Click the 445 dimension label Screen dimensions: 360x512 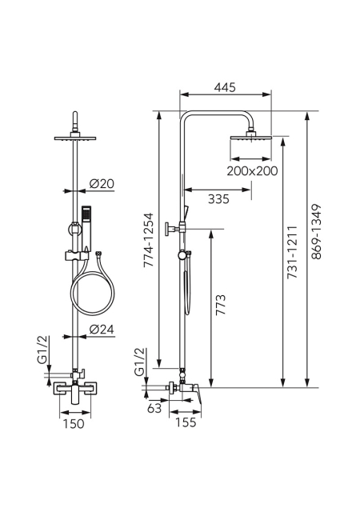coord(225,87)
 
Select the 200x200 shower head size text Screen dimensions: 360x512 coord(252,170)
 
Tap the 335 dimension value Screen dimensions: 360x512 coord(218,199)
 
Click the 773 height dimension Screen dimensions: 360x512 coord(221,305)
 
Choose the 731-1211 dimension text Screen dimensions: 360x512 coord(292,252)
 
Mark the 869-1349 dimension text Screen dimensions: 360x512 coord(316,232)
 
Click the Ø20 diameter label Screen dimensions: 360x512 coord(102,184)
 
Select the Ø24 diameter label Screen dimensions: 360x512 coord(102,330)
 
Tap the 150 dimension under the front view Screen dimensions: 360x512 coord(74,424)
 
